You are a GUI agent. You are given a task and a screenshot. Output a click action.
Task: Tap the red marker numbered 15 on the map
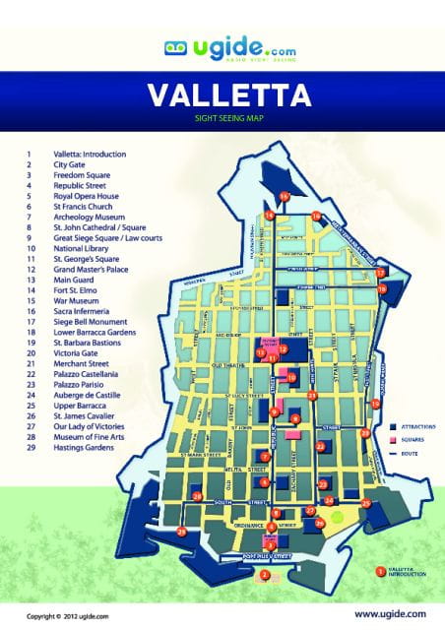click(284, 197)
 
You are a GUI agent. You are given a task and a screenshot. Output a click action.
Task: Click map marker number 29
click(181, 532)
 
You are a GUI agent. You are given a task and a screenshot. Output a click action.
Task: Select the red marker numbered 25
click(366, 503)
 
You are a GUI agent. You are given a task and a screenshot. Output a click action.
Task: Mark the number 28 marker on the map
click(198, 497)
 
